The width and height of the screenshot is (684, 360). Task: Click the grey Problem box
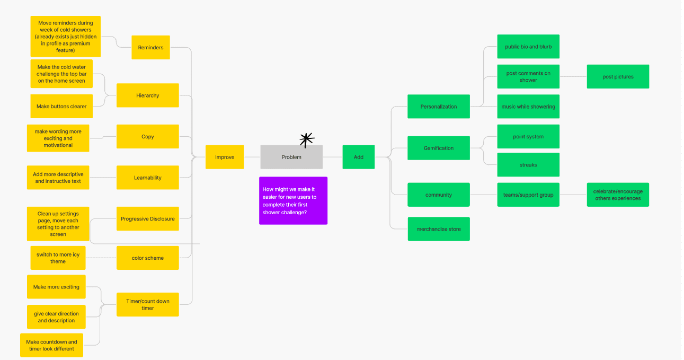(x=291, y=157)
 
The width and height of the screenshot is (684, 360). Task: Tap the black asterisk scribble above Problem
(x=307, y=140)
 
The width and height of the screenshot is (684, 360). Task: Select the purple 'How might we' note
(x=293, y=201)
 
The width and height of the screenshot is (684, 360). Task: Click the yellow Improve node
(x=225, y=157)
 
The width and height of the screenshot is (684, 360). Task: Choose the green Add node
(x=359, y=157)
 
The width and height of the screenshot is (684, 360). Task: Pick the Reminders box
(x=150, y=47)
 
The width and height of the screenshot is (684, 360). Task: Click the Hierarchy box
(x=147, y=95)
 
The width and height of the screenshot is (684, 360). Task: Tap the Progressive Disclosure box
(x=147, y=219)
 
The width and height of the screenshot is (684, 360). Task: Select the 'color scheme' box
(x=147, y=258)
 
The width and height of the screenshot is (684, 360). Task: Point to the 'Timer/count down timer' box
(x=147, y=305)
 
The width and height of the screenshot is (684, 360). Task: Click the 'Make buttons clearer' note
(x=61, y=107)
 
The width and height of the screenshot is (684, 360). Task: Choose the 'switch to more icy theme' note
(x=58, y=258)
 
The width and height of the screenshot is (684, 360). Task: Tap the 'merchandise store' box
(x=439, y=229)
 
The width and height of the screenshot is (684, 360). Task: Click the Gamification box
(x=439, y=148)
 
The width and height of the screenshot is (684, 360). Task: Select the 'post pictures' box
(x=618, y=76)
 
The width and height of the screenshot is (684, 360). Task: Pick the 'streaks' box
(x=528, y=165)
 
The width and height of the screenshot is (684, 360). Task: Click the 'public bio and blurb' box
(x=528, y=47)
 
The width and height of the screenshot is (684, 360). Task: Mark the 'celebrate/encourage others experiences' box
(x=618, y=195)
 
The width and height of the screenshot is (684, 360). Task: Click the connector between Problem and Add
(x=333, y=157)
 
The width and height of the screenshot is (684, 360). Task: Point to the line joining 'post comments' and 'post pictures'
(x=573, y=76)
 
